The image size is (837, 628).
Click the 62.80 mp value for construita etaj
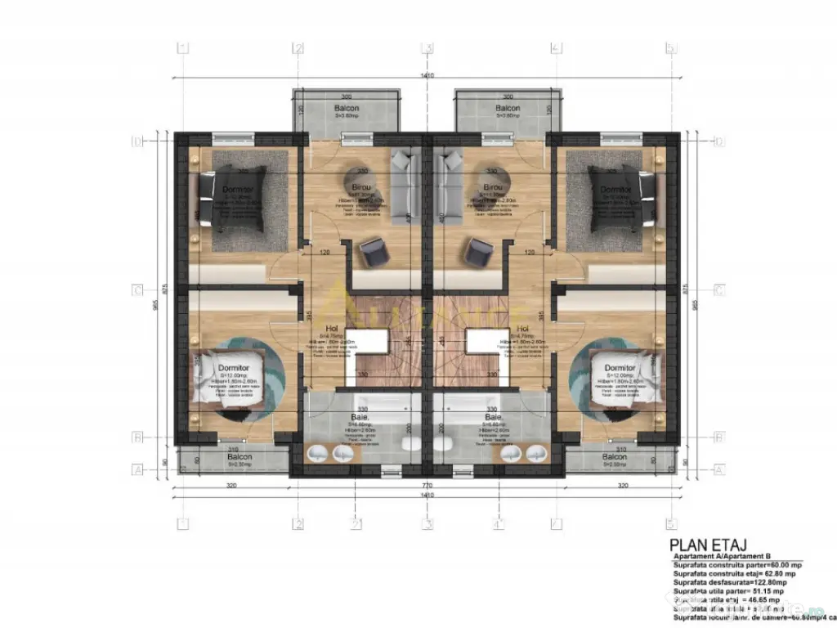[767, 574]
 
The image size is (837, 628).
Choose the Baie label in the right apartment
[493, 416]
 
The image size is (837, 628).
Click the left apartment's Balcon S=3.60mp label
[346, 108]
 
